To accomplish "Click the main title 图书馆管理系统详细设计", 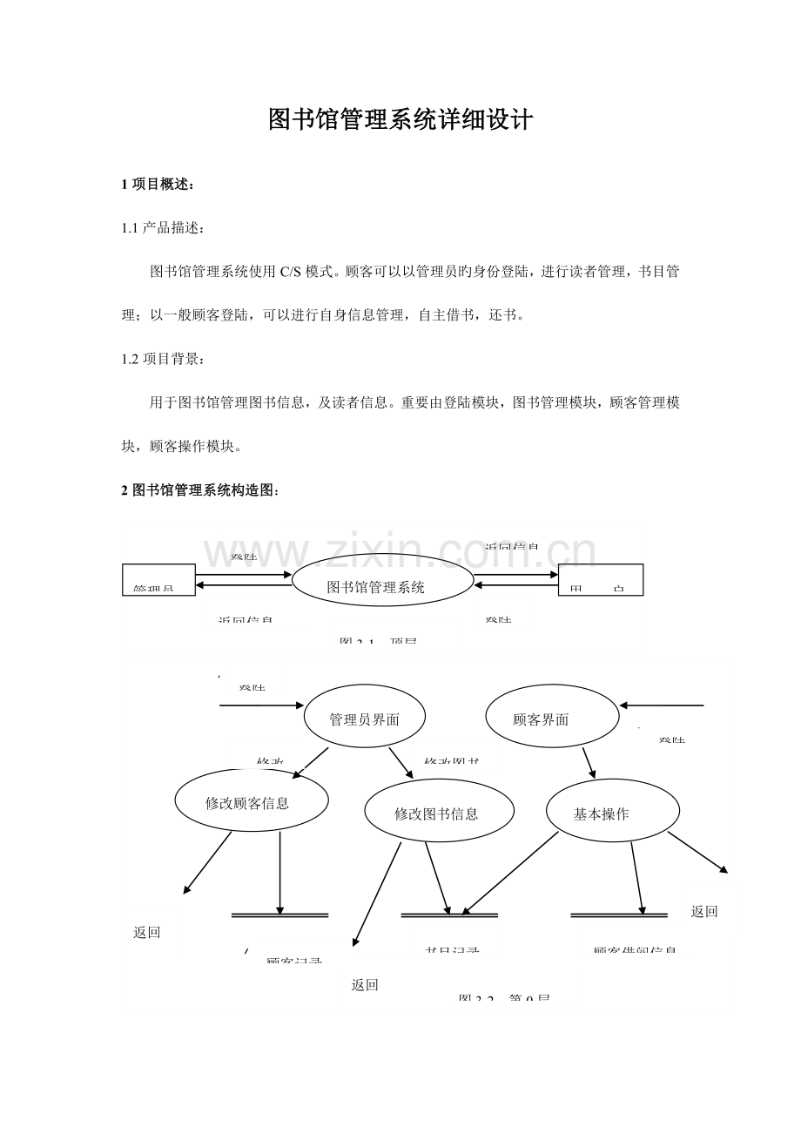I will [x=400, y=120].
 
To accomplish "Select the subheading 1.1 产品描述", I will [x=163, y=228].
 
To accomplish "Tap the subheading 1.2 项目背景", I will [x=163, y=358].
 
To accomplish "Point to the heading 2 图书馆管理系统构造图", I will [x=200, y=490].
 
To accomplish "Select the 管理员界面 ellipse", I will [x=365, y=719].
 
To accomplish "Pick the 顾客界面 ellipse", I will [x=551, y=719].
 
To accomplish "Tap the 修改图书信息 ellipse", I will [x=438, y=813].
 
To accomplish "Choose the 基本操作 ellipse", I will [x=611, y=813].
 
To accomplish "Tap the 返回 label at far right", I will [x=703, y=911].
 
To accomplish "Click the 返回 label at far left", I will [x=146, y=932].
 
